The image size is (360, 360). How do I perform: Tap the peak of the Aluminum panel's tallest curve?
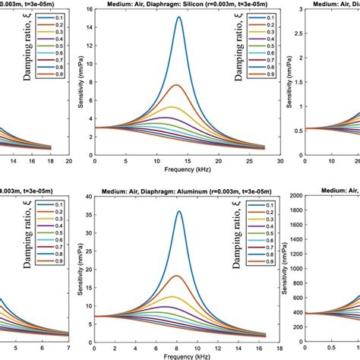[179, 212]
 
